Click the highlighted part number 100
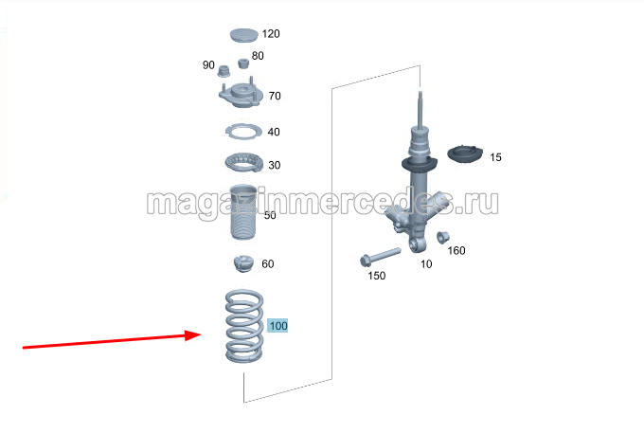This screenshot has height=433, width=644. (x=278, y=326)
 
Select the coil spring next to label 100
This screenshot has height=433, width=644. (x=244, y=326)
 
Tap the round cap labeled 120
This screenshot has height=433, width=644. (x=243, y=35)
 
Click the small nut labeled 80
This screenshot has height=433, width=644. (x=243, y=63)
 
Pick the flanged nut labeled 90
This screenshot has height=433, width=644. (x=224, y=71)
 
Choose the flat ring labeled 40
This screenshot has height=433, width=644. (x=243, y=132)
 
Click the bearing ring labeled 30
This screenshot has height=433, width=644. (x=243, y=162)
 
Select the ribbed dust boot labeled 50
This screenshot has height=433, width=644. (x=243, y=212)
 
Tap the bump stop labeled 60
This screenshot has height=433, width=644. (x=243, y=263)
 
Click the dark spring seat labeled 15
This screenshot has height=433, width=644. (x=465, y=154)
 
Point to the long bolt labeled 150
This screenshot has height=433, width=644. (x=380, y=256)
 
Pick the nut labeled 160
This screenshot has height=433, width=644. (x=442, y=238)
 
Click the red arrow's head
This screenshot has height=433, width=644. (x=193, y=335)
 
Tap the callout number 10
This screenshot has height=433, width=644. (x=426, y=264)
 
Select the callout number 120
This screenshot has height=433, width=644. (x=271, y=34)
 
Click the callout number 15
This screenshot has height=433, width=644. (x=495, y=157)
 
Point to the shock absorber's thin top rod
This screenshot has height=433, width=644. (x=420, y=109)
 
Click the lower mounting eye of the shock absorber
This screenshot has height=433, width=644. (x=416, y=245)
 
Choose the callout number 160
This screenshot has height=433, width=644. (x=456, y=250)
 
